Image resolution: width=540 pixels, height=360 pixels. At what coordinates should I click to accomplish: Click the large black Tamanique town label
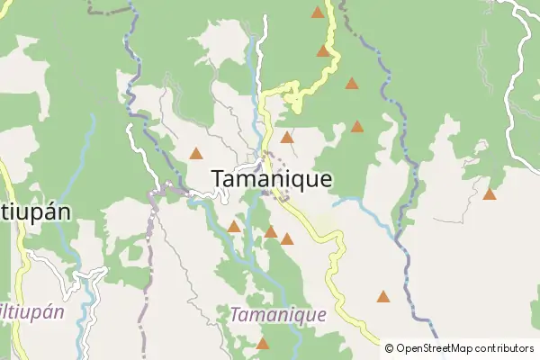[271, 179]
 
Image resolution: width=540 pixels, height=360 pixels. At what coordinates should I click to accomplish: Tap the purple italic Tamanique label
[278, 316]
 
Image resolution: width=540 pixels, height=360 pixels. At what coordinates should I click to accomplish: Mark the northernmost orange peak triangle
[317, 13]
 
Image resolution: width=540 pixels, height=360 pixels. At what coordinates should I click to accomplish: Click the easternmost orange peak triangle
[490, 193]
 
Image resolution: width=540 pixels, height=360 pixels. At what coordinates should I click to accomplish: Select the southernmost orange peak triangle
[263, 343]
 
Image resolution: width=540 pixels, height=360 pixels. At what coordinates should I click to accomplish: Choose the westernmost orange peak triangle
[196, 153]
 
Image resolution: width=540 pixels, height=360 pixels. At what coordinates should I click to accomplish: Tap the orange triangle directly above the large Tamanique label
[286, 138]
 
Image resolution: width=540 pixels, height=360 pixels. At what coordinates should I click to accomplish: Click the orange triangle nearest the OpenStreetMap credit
[383, 296]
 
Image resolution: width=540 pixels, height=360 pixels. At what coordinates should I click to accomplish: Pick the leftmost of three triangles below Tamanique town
[234, 226]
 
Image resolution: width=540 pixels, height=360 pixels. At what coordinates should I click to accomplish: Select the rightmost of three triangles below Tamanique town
[286, 239]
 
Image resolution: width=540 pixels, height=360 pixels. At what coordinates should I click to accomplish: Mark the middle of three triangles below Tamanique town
[270, 232]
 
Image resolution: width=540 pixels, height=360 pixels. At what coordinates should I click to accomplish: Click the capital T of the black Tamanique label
[219, 179]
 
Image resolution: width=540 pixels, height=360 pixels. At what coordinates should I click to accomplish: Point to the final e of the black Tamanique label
[325, 180]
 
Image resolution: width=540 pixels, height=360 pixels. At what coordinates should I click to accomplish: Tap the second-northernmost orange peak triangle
[323, 50]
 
